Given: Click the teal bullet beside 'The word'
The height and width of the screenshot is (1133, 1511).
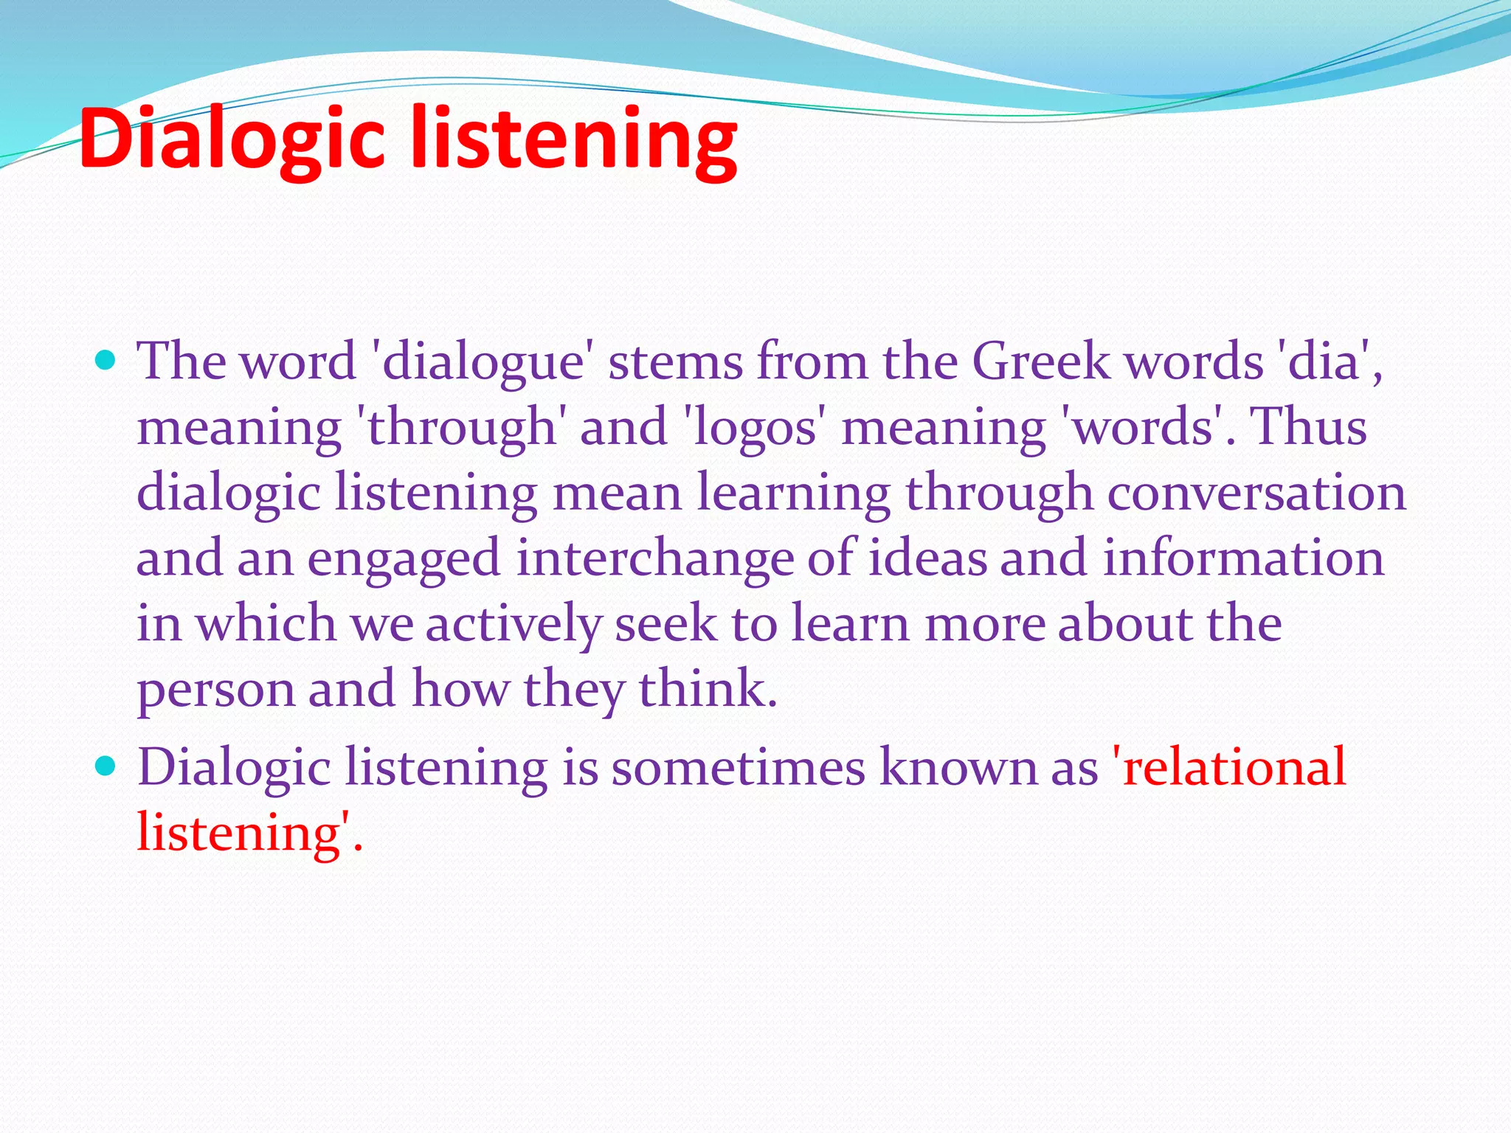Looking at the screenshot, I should [106, 361].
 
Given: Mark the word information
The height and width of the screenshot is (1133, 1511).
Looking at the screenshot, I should [1243, 558].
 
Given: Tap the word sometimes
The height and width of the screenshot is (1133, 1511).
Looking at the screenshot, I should [737, 767].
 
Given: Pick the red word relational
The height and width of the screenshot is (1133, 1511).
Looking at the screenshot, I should [1232, 767].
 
